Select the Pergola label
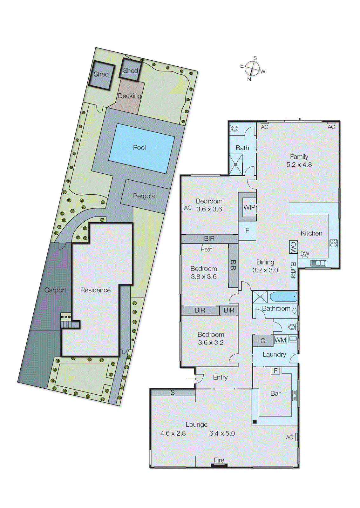pyautogui.click(x=144, y=196)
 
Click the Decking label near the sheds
pyautogui.click(x=130, y=96)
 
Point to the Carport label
pyautogui.click(x=55, y=290)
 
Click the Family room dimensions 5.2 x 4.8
pyautogui.click(x=299, y=165)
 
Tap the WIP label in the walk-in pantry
pyautogui.click(x=249, y=207)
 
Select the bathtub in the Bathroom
pyautogui.click(x=283, y=297)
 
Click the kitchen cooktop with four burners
pyautogui.click(x=333, y=243)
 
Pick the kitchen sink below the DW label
pyautogui.click(x=318, y=263)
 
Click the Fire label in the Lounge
pyautogui.click(x=219, y=460)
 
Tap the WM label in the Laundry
pyautogui.click(x=280, y=340)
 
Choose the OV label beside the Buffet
pyautogui.click(x=293, y=247)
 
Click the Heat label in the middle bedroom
pyautogui.click(x=206, y=250)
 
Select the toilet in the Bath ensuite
pyautogui.click(x=234, y=129)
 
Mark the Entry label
pyautogui.click(x=220, y=378)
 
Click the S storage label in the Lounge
pyautogui.click(x=173, y=393)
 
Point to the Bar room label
pyautogui.click(x=275, y=394)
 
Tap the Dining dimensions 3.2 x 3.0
pyautogui.click(x=265, y=270)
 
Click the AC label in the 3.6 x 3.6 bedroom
pyautogui.click(x=188, y=208)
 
